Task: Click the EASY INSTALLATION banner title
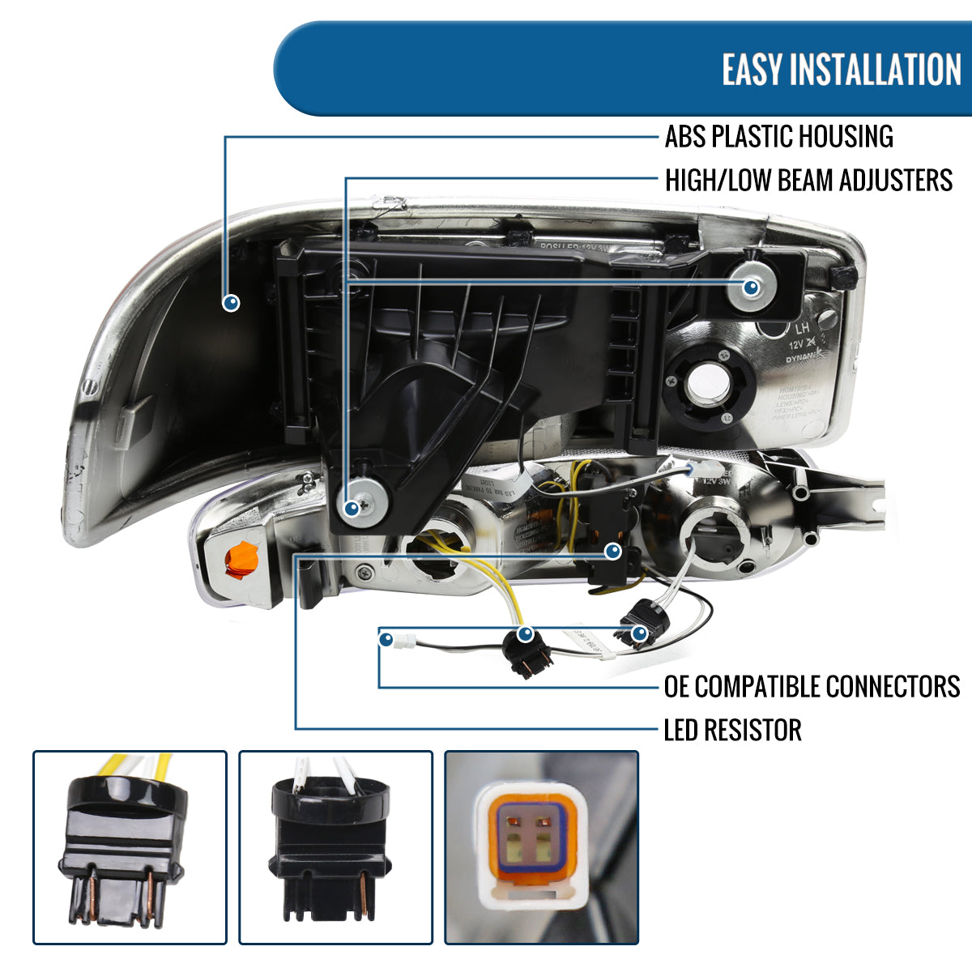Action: pyautogui.click(x=841, y=70)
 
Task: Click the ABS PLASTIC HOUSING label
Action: pyautogui.click(x=778, y=137)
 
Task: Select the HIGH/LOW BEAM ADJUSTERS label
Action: pyautogui.click(x=808, y=180)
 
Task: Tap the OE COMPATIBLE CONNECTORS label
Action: pyautogui.click(x=812, y=687)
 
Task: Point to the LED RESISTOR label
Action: pyautogui.click(x=732, y=730)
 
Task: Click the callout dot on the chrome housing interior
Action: pyautogui.click(x=232, y=303)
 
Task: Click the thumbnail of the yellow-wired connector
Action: pyautogui.click(x=130, y=846)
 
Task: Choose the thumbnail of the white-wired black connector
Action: pyautogui.click(x=335, y=846)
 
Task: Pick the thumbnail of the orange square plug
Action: pyautogui.click(x=541, y=846)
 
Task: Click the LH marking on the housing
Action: pyautogui.click(x=802, y=329)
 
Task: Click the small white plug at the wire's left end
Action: pyautogui.click(x=401, y=642)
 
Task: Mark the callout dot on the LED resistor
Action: pyautogui.click(x=613, y=552)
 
